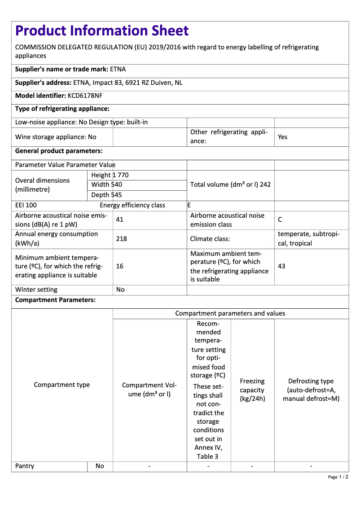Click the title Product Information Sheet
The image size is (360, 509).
(102, 31)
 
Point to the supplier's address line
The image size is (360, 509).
(99, 83)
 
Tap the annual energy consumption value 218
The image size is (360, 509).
(121, 239)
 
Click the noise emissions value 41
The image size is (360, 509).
(119, 220)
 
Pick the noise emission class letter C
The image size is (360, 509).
(280, 220)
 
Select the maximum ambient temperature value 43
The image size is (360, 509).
(281, 266)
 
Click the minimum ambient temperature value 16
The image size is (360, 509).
(120, 266)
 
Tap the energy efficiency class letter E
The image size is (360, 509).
(189, 205)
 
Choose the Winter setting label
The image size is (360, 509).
(36, 290)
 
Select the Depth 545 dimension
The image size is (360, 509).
(106, 195)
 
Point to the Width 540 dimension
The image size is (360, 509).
(106, 184)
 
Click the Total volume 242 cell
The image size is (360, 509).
(230, 184)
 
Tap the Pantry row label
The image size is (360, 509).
(25, 466)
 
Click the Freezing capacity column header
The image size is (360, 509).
(252, 390)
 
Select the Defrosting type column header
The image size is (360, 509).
(311, 390)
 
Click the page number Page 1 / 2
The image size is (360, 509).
(338, 477)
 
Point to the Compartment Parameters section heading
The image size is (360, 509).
(55, 300)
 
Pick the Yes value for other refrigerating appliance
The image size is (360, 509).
(282, 137)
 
